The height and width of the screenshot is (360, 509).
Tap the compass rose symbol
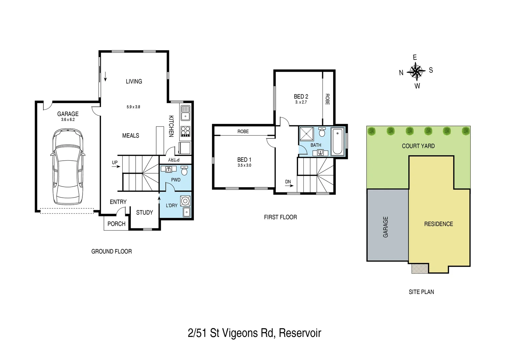click(x=416, y=71)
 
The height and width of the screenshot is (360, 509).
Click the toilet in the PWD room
click(x=184, y=171)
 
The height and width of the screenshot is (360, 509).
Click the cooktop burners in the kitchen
click(x=186, y=131)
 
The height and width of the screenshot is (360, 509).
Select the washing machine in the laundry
click(x=185, y=201)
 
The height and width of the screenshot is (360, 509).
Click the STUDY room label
click(x=145, y=213)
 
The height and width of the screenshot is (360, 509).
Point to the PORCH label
click(x=116, y=224)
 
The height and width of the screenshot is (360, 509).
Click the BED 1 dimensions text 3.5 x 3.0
click(x=244, y=165)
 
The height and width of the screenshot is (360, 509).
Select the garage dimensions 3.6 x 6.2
click(x=68, y=119)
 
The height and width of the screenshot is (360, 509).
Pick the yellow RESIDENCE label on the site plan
click(x=438, y=224)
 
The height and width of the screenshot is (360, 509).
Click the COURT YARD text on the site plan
click(x=418, y=146)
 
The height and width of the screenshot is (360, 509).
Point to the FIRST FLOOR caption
click(x=280, y=217)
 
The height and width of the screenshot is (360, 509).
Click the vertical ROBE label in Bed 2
click(x=327, y=99)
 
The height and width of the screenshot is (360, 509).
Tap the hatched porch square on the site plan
click(x=420, y=268)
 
